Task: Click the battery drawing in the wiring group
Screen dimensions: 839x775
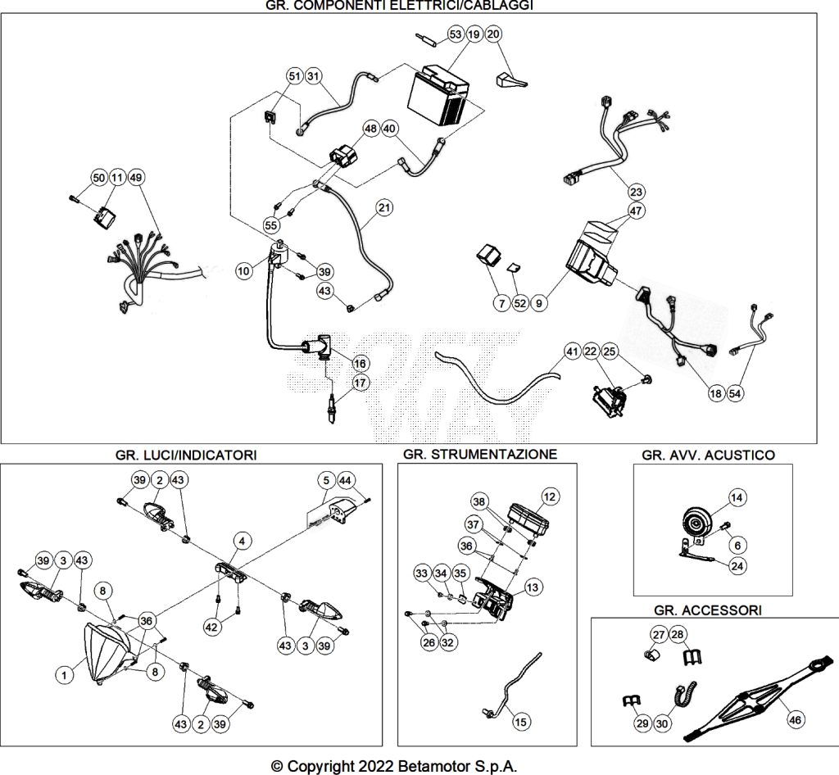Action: pos(438,95)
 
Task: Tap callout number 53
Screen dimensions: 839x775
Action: pos(456,34)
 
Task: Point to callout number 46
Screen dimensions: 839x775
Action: pos(795,720)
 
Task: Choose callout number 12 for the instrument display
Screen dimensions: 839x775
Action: pos(550,496)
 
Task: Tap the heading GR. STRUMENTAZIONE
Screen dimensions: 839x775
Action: pos(480,454)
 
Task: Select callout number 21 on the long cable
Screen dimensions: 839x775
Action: pos(384,207)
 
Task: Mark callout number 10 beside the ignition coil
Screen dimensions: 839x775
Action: pos(243,271)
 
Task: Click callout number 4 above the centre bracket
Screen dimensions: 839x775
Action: pos(242,542)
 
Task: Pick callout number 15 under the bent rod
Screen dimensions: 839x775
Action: pos(520,722)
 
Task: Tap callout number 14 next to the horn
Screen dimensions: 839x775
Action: pos(737,497)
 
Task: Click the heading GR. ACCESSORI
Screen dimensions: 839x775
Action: pos(708,610)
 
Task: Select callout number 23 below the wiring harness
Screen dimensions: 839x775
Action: pos(636,192)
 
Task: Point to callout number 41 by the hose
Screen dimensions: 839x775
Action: pos(573,351)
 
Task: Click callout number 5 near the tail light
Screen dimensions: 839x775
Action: pos(326,480)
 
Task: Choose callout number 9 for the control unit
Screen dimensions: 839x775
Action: pos(539,303)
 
